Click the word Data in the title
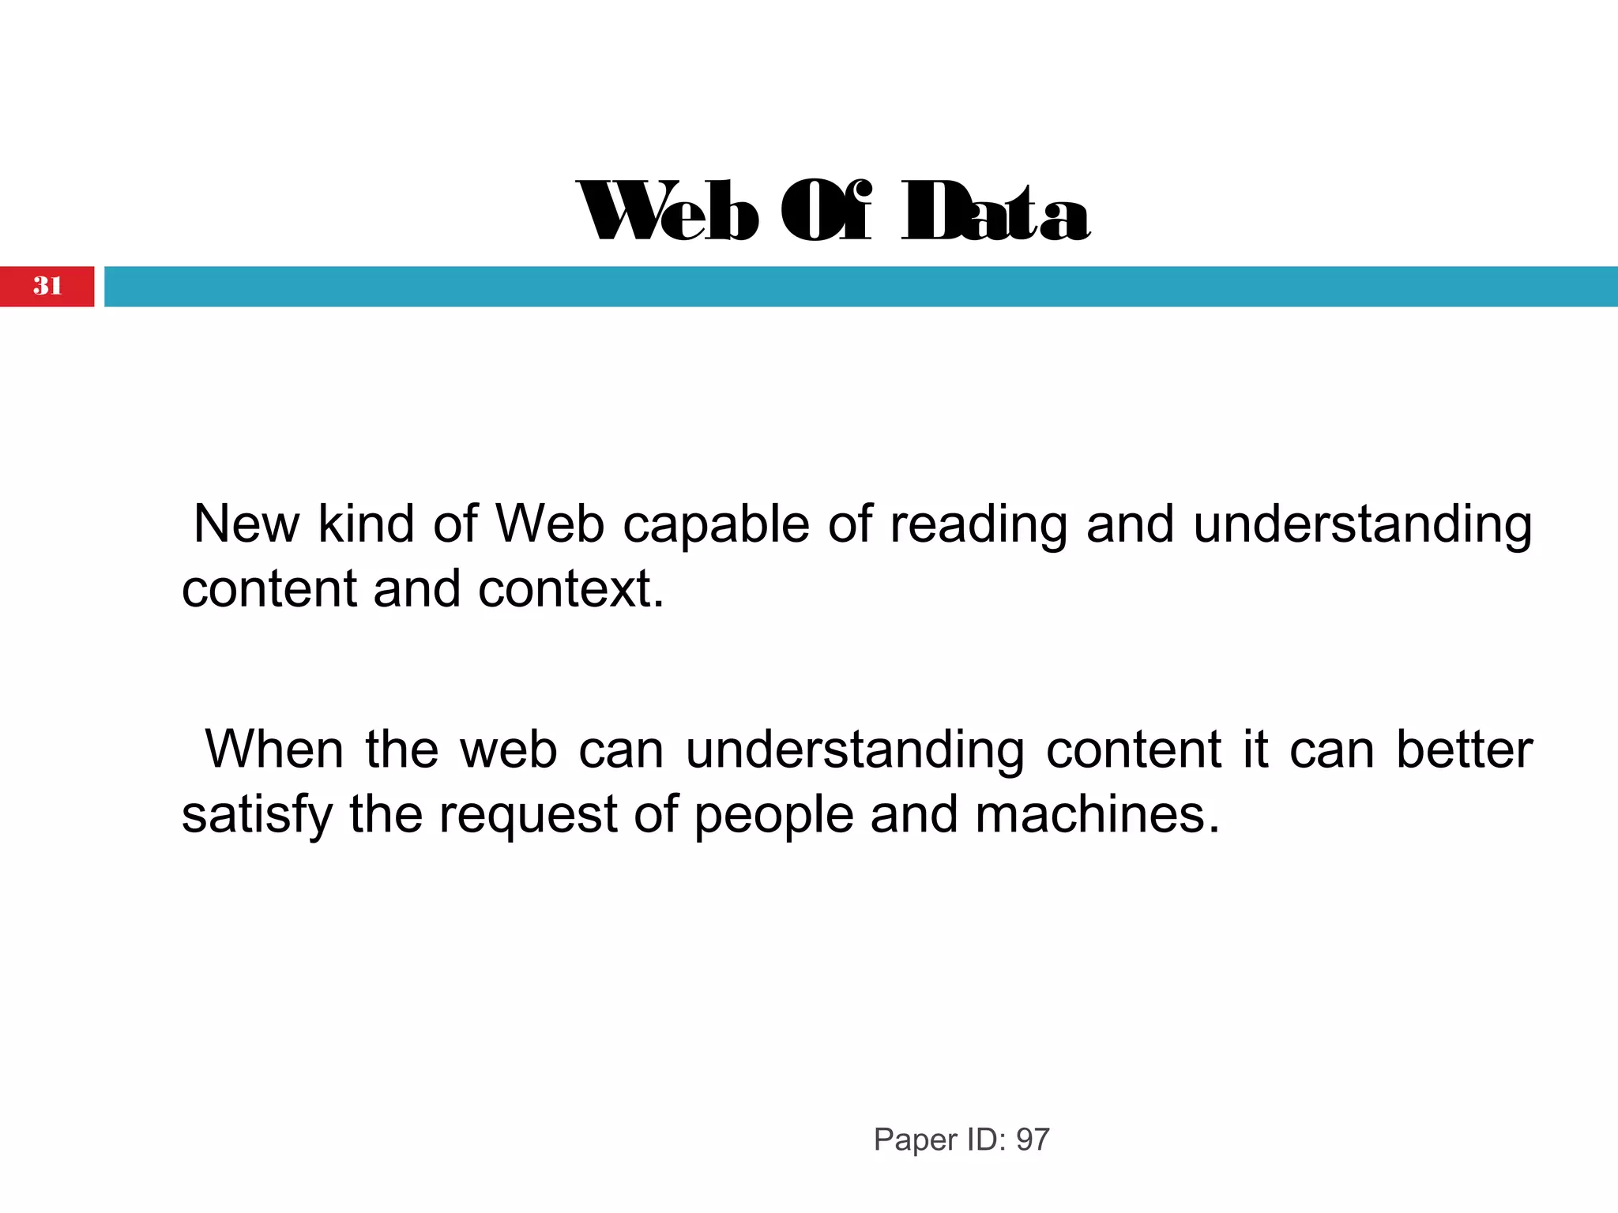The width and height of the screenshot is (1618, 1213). coord(995,212)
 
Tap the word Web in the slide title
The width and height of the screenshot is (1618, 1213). coord(668,212)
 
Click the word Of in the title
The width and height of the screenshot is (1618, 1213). coord(826,212)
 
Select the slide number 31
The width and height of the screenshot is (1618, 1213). coord(47,286)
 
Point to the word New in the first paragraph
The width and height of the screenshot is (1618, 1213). coord(246,524)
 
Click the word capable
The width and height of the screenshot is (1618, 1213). coord(716,524)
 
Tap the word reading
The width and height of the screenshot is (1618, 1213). coord(978,524)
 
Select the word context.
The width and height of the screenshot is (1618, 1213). coord(570,589)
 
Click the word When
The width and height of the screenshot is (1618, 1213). coord(274,749)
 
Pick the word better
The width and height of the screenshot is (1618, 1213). coord(1464,749)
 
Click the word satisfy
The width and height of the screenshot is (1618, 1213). coord(257,815)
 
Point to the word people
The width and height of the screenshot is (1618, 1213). coord(773,815)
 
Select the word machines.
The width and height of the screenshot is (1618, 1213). coord(1097,815)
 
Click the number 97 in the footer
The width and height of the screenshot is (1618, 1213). coord(1033,1140)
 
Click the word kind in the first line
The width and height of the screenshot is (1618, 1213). coord(366,524)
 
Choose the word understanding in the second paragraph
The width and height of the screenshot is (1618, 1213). coord(855,749)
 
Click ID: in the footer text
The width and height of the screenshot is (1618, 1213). coord(986,1140)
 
